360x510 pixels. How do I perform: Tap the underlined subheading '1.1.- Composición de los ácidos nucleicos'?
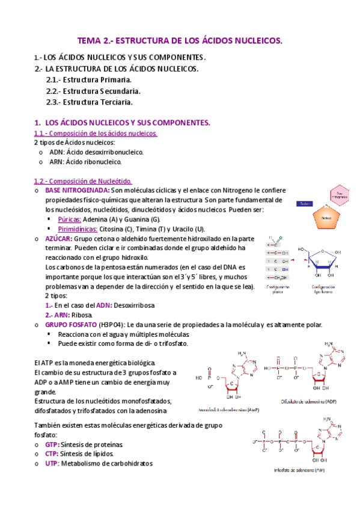click(x=96, y=133)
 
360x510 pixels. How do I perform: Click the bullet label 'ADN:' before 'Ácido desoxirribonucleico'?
click(x=58, y=152)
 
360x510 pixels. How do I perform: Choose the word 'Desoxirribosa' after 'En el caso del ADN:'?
click(x=135, y=306)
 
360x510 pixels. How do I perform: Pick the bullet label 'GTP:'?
click(x=52, y=444)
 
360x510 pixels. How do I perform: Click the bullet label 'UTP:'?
click(x=52, y=464)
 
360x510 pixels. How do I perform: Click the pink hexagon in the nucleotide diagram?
click(x=341, y=194)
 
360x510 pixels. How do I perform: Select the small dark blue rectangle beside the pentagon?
click(x=305, y=203)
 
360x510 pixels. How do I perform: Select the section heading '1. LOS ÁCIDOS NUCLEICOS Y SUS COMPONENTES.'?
click(x=123, y=122)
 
